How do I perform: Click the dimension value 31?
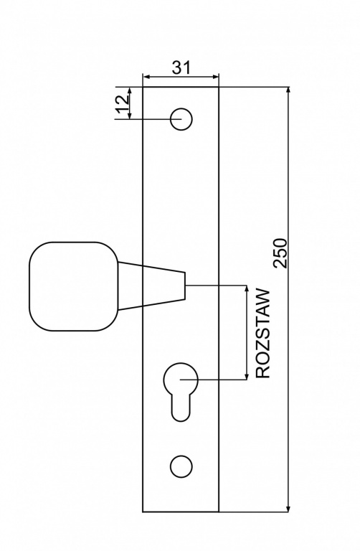pos(181,67)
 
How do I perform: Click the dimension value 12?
pos(123,103)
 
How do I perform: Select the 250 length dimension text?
pos(280,253)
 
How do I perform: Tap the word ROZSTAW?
pos(263,334)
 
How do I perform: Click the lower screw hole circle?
pos(181,466)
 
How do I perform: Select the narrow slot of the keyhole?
pos(181,407)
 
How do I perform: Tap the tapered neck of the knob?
pos(152,286)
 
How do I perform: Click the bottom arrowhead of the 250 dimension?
pos(288,508)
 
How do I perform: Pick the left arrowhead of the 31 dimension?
pos(146,77)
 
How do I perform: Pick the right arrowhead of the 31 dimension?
pos(214,77)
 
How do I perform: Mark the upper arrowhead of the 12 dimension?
pos(130,90)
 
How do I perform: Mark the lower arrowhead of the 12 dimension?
pos(130,116)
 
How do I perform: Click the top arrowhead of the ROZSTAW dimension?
pos(246,289)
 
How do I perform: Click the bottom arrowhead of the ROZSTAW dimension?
pos(246,376)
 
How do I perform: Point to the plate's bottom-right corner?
pos(219,512)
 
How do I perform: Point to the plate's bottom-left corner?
pos(143,512)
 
